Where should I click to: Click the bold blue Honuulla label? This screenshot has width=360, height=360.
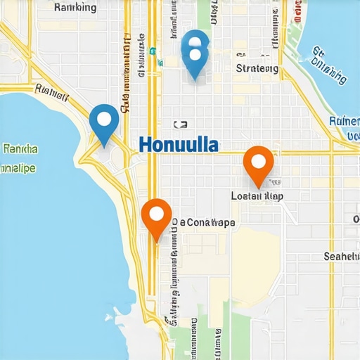(x=179, y=145)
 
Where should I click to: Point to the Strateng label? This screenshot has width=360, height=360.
(x=257, y=69)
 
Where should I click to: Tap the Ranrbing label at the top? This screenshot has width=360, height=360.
(x=75, y=8)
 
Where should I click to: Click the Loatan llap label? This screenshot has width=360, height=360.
(x=257, y=196)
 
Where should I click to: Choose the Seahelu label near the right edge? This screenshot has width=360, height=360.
(x=341, y=257)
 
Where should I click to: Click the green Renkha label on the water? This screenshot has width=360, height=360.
(x=20, y=149)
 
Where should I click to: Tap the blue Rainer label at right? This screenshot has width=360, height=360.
(x=344, y=121)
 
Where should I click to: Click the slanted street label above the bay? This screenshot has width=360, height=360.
(x=50, y=91)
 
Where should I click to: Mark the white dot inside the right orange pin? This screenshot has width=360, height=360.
(x=258, y=161)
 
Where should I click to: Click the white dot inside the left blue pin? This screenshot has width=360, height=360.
(x=105, y=119)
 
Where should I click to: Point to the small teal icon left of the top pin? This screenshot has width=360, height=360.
(x=152, y=51)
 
